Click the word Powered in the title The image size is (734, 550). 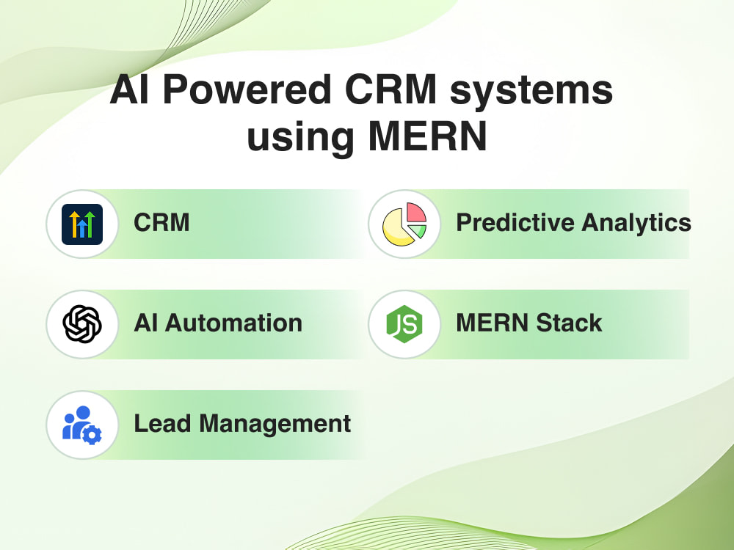pos(247,89)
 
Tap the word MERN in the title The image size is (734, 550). pos(428,136)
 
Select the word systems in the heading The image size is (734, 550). pos(531,91)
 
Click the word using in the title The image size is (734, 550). pos(300,139)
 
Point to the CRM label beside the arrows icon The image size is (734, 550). pos(161,222)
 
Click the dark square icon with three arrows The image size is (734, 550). pos(82,224)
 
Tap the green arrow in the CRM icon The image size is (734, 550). pos(90,224)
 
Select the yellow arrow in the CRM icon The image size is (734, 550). pos(74,224)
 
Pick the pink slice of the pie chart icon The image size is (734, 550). pos(415,213)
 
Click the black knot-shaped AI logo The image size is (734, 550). pos(82,324)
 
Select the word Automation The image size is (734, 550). pos(233,323)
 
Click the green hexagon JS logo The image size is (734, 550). pos(404,324)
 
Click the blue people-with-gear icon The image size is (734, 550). pos(82,425)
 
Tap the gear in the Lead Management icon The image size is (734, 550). pos(92,435)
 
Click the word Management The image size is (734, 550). pos(275,425)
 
